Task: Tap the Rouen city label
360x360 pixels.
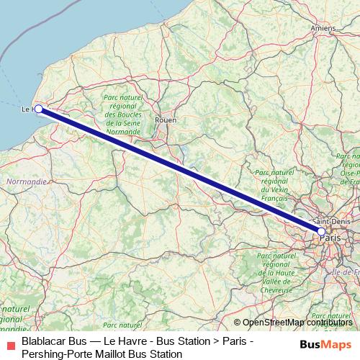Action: click(x=166, y=120)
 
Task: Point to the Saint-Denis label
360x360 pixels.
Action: click(x=331, y=221)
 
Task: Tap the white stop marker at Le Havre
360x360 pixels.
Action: click(x=39, y=109)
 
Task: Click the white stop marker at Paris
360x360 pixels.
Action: click(x=321, y=231)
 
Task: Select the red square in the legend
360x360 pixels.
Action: click(x=10, y=347)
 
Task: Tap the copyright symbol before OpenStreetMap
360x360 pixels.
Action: click(x=238, y=323)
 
